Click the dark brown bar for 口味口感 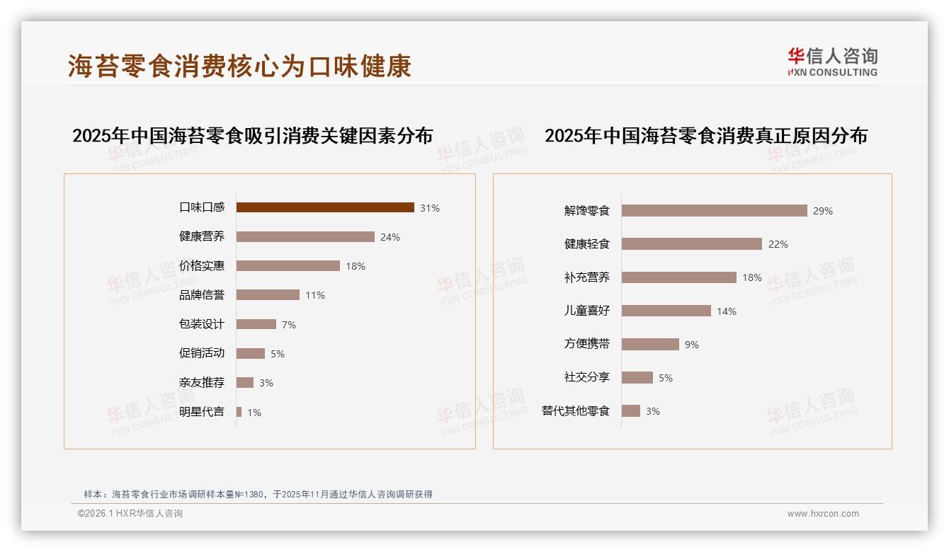point(325,207)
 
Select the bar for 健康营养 point(305,236)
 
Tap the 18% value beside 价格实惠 point(356,266)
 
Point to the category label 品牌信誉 point(202,295)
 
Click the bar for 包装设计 point(256,324)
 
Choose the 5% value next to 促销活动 point(278,354)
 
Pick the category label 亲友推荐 point(202,383)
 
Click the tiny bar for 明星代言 point(239,412)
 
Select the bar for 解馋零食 point(715,210)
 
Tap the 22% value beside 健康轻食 point(778,244)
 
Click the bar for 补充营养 point(679,277)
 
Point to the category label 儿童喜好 point(587,311)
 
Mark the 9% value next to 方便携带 point(692,345)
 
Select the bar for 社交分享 point(637,378)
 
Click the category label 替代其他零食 point(576,411)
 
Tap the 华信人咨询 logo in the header point(832,62)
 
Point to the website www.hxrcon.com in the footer point(823,514)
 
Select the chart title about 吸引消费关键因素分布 point(252,135)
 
